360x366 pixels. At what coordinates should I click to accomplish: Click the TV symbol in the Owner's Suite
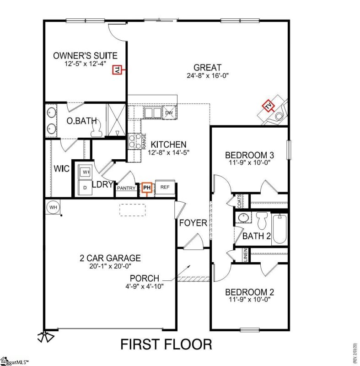[x=117, y=70]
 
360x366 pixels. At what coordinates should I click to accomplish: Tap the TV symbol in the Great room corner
[x=268, y=107]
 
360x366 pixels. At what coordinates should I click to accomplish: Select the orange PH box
[x=146, y=187]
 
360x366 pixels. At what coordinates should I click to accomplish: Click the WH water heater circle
[x=53, y=207]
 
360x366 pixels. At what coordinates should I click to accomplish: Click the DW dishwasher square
[x=169, y=113]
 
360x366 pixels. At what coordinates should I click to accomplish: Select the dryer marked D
[x=85, y=187]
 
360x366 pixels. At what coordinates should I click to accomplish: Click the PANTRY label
[x=126, y=188]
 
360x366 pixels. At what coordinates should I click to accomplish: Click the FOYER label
[x=193, y=223]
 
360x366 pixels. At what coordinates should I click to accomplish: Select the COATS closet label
[x=239, y=200]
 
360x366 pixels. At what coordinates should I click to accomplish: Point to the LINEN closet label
[x=245, y=255]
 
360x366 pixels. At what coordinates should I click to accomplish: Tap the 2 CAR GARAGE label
[x=109, y=258]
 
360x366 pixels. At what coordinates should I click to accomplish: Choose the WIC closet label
[x=61, y=169]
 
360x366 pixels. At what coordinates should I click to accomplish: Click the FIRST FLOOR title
[x=166, y=344]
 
